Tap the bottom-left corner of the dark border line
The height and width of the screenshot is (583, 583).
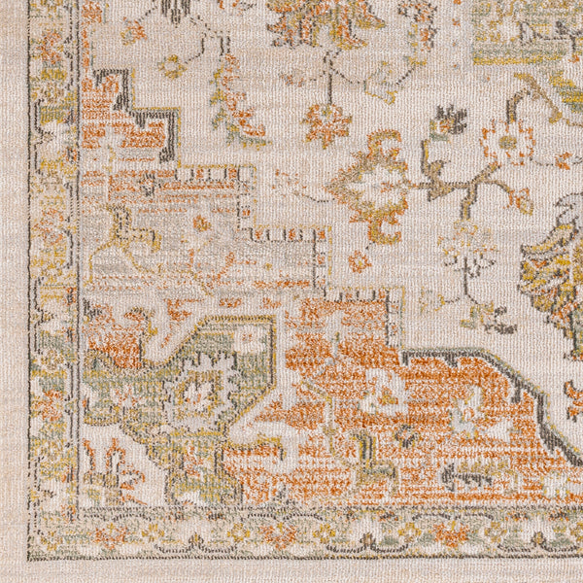31,556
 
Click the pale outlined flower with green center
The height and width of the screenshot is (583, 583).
507,142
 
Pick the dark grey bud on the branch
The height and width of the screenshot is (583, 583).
449,120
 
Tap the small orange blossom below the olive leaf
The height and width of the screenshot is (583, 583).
360,260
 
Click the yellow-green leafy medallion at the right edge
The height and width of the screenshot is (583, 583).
554,257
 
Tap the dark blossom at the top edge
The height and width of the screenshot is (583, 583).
176,10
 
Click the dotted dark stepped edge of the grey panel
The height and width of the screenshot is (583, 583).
291,233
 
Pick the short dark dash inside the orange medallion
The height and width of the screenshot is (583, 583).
466,476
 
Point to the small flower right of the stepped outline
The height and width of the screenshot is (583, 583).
173,66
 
